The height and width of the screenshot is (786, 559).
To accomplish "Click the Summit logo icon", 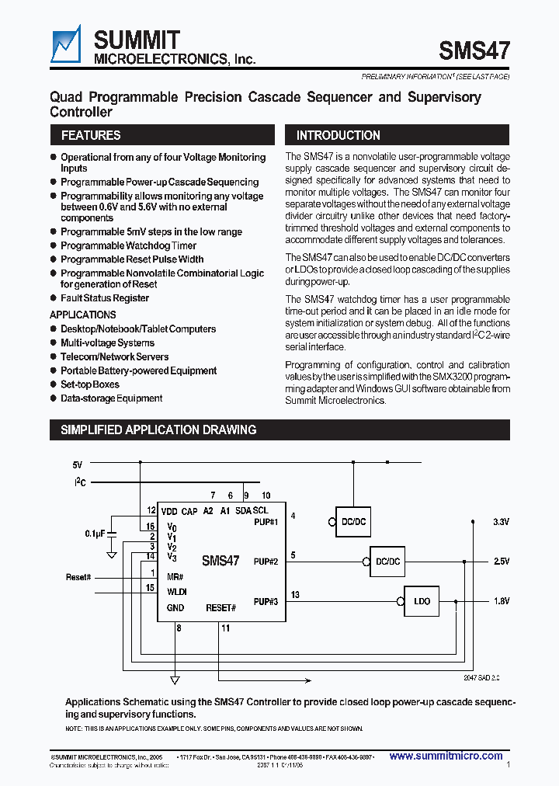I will [x=67, y=44].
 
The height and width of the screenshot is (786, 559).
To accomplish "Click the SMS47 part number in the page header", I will [x=474, y=51].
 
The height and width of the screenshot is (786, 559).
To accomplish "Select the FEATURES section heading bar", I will [x=90, y=135].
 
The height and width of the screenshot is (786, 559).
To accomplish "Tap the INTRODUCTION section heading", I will [x=338, y=135].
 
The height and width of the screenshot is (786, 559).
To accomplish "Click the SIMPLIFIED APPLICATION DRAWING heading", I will [x=158, y=430].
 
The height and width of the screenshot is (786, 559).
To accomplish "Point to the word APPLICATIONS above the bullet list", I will [x=82, y=315].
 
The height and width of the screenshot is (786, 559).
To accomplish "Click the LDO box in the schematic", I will [x=422, y=600].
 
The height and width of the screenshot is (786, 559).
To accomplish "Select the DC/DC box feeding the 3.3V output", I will [x=353, y=521].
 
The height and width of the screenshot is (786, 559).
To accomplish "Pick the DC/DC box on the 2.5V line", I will [x=387, y=561].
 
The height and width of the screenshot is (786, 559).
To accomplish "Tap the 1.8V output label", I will [x=502, y=600].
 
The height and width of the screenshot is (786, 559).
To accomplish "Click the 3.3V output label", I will [x=502, y=521].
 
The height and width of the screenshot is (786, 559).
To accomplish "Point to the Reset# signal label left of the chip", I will [x=78, y=578].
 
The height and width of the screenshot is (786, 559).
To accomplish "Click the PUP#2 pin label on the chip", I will [x=266, y=561].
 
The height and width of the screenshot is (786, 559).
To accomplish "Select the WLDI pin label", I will [x=176, y=591].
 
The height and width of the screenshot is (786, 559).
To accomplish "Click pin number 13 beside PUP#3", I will [x=295, y=594].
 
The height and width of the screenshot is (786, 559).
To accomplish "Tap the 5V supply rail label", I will [x=77, y=464].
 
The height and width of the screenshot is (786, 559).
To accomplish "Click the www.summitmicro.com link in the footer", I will [x=445, y=756].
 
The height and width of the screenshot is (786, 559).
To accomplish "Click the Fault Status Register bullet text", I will [x=105, y=298].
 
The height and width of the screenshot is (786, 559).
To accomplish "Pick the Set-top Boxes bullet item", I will [x=90, y=384].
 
